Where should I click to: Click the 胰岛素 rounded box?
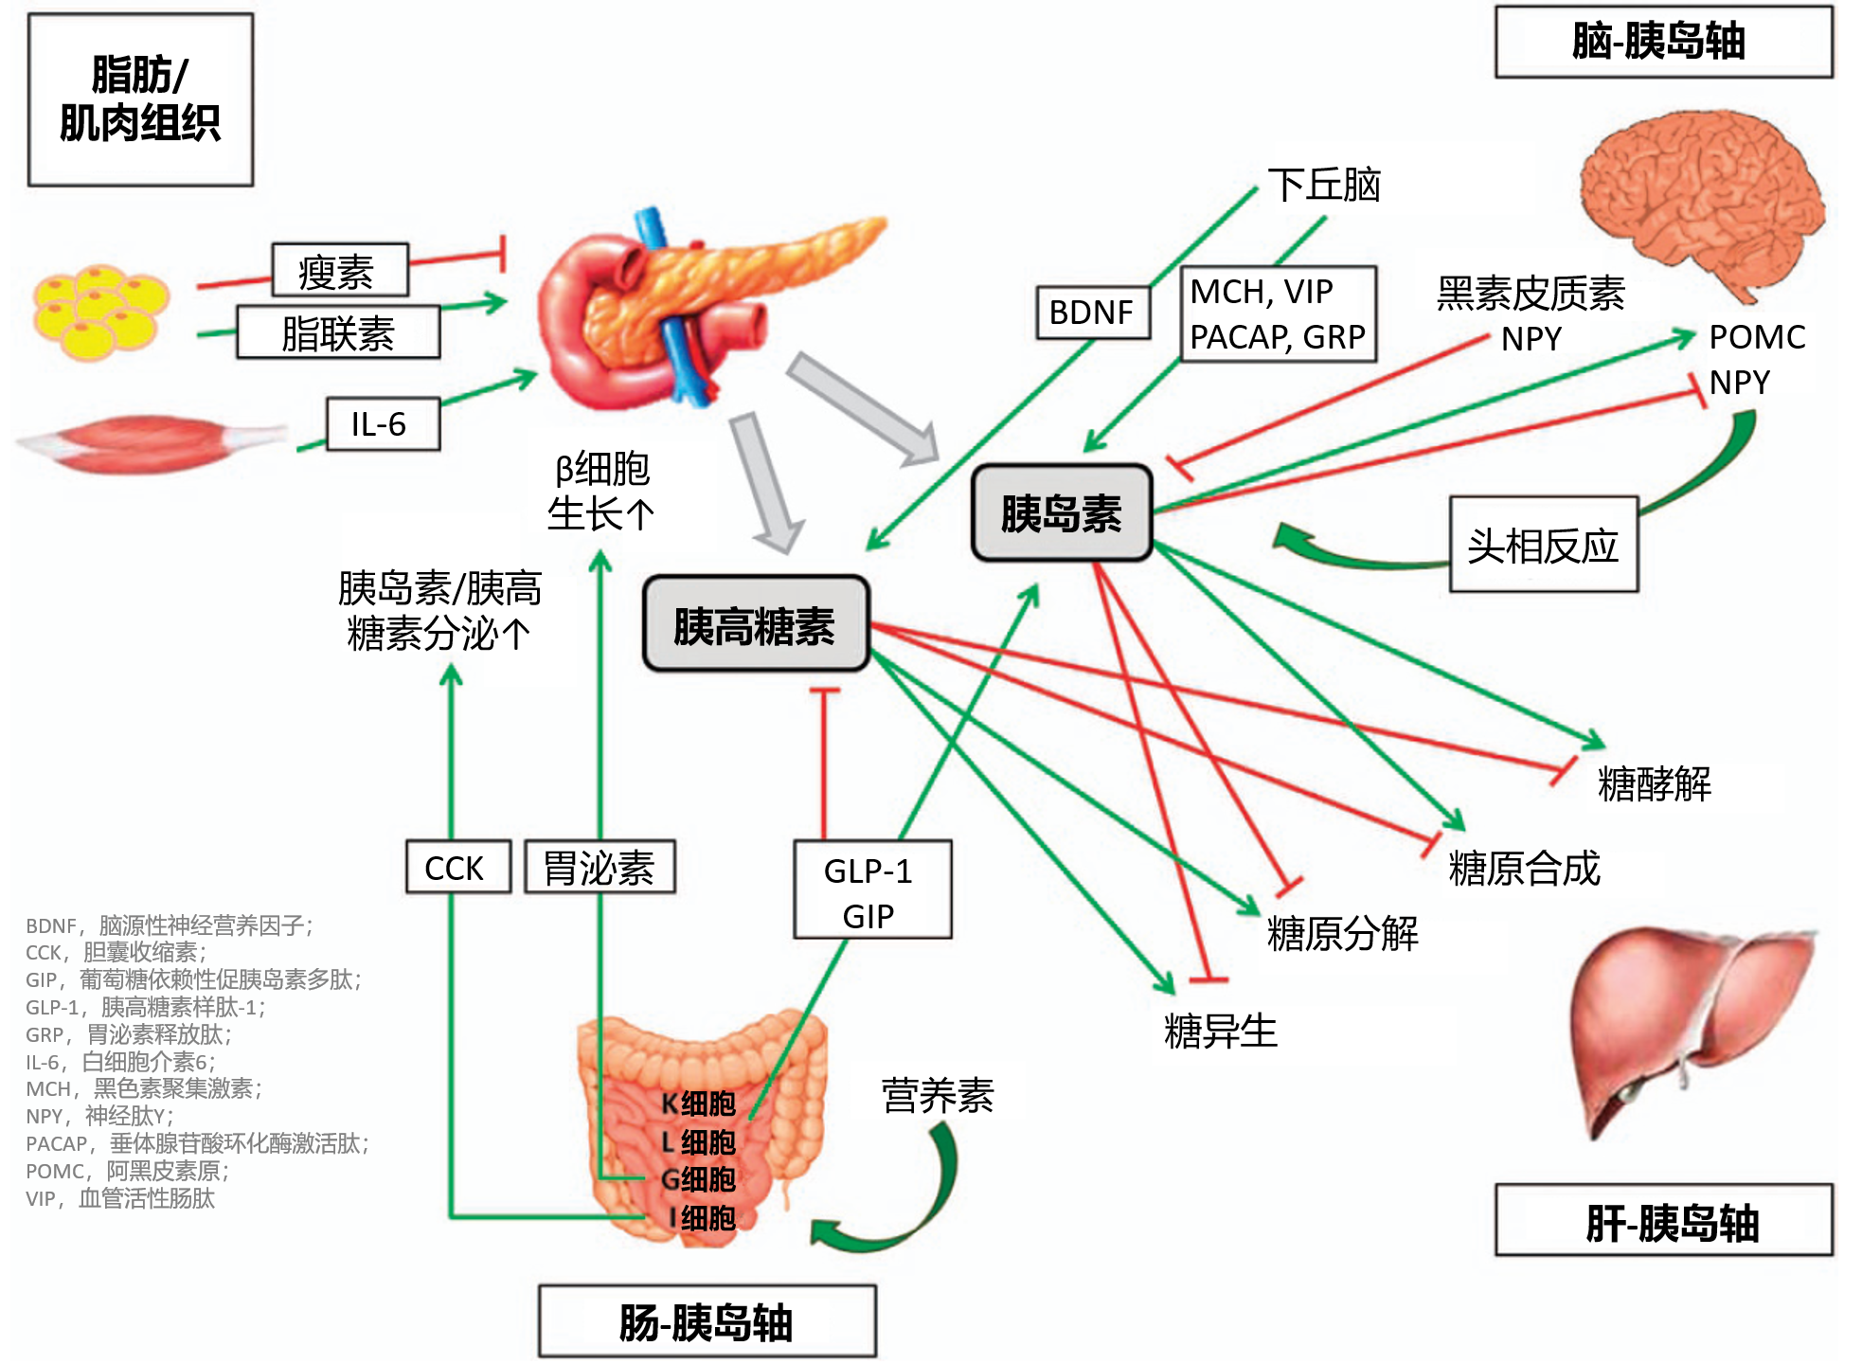[x=1061, y=512]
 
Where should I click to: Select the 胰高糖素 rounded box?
[x=755, y=625]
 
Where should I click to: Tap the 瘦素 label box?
[x=339, y=271]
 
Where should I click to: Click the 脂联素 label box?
[x=338, y=332]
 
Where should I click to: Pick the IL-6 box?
[x=382, y=423]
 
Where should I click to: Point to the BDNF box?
[x=1092, y=312]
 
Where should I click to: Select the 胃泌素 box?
[x=599, y=867]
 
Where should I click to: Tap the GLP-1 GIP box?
[x=870, y=890]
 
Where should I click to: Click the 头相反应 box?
[x=1543, y=545]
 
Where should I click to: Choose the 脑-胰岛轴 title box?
[x=1662, y=42]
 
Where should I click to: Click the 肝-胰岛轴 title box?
[x=1662, y=1221]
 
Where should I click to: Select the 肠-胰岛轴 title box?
[x=707, y=1321]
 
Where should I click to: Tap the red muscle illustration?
[x=152, y=441]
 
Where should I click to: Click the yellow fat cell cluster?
[x=99, y=311]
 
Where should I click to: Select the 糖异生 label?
[x=1220, y=1031]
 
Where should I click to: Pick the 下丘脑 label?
[x=1323, y=185]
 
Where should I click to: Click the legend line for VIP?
[x=120, y=1199]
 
